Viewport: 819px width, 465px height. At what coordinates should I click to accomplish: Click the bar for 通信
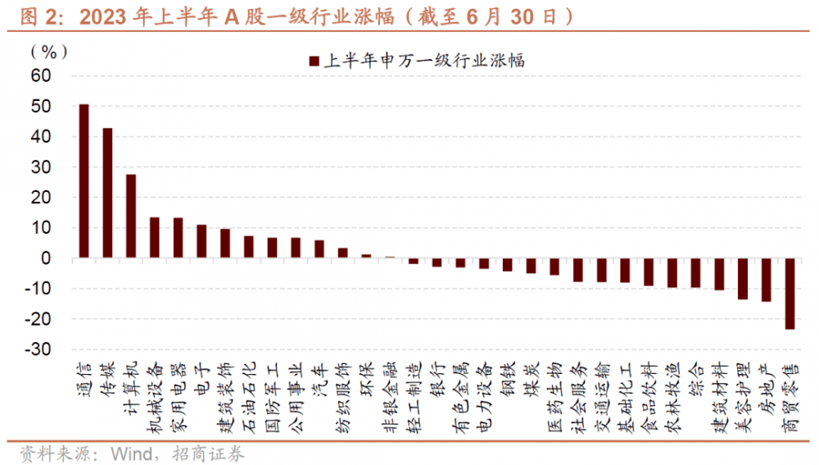pos(84,181)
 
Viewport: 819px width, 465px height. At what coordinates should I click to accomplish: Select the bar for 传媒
pos(107,193)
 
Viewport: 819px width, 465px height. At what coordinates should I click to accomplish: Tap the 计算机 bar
pos(131,217)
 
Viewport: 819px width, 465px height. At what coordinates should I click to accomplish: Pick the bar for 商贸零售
pos(790,294)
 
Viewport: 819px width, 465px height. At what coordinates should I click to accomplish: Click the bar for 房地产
pos(766,280)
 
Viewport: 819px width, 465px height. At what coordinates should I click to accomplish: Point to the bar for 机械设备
pos(154,238)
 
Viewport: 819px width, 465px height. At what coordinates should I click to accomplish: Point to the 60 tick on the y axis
pos(41,76)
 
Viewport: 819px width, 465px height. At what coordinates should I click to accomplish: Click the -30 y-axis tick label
pos(38,349)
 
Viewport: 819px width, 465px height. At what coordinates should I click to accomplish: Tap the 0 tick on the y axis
pos(47,258)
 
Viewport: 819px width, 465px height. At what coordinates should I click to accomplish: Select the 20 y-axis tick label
pos(41,198)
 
